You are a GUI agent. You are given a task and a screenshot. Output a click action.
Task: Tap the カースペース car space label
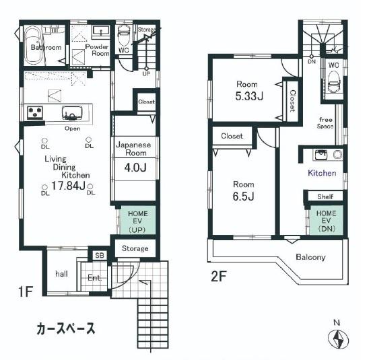(65, 329)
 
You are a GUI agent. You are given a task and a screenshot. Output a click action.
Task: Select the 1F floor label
(25, 294)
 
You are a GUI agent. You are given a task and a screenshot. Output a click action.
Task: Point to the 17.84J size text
(67, 186)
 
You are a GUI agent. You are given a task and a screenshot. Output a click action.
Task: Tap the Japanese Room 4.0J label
(136, 156)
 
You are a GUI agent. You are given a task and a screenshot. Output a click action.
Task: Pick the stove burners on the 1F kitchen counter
(35, 112)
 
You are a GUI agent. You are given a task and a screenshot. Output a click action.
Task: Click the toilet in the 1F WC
(124, 35)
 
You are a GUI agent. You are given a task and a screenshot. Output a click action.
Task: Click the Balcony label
(310, 257)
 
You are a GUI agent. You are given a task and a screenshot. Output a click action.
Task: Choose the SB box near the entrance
(99, 256)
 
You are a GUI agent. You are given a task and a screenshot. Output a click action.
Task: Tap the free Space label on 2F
(326, 123)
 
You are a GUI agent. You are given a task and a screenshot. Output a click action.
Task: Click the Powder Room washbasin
(100, 32)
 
